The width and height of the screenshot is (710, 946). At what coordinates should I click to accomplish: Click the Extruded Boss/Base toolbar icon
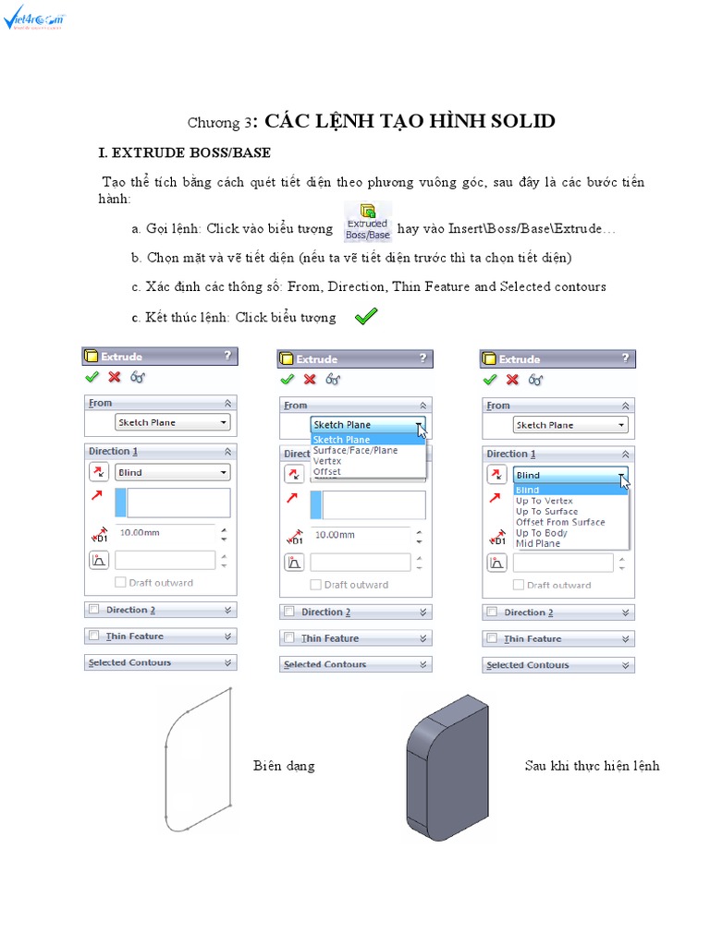coord(367,222)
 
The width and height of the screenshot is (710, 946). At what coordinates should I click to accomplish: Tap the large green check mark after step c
coord(366,317)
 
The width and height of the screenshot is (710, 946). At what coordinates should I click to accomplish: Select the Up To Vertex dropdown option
coord(545,501)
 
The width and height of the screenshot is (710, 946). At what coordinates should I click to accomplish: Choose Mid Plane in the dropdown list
coord(538,543)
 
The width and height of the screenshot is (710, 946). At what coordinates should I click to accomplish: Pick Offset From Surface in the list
coord(560,522)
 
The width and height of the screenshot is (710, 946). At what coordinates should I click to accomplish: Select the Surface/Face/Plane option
coord(356,450)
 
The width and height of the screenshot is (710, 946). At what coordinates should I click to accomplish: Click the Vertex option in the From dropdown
coord(327,461)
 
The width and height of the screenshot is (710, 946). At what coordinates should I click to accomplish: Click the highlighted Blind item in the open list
coord(528,490)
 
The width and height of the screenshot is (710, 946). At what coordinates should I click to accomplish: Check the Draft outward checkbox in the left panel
coord(120,583)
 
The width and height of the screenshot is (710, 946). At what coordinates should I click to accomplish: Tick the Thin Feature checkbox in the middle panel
coord(289,637)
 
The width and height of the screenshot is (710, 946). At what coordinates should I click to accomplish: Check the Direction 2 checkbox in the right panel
coord(493,612)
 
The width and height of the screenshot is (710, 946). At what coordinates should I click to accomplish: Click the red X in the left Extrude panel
coord(115,377)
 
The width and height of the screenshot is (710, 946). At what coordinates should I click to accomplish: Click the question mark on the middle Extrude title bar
coord(422,358)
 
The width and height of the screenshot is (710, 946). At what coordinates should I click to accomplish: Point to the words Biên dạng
coord(284,766)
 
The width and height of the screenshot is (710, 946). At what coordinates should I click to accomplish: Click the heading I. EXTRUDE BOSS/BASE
coord(185,152)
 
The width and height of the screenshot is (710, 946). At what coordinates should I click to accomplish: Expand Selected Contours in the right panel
coord(628,665)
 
